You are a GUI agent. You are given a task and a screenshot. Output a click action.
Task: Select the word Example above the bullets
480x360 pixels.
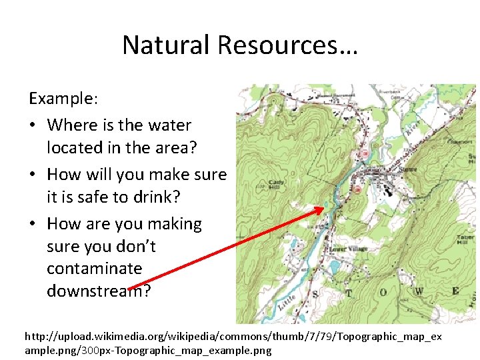click(62, 99)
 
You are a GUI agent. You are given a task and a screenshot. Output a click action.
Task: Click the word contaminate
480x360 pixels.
click(95, 269)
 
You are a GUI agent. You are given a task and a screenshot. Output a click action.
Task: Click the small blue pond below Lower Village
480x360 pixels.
click(333, 265)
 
